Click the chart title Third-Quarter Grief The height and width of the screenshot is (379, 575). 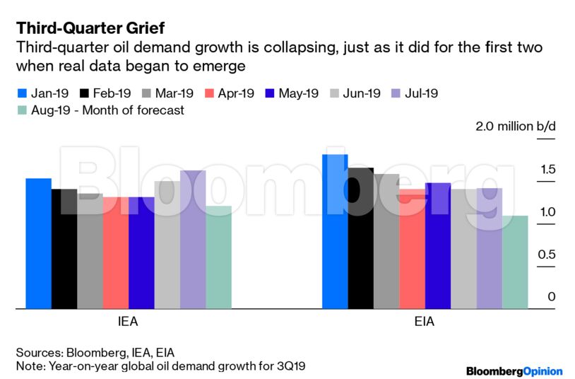(x=91, y=28)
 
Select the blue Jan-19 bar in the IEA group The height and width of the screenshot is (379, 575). (x=38, y=243)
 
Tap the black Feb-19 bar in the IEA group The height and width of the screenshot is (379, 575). (x=64, y=248)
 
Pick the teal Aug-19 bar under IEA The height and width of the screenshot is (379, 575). (x=218, y=257)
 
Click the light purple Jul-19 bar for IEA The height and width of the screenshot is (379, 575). (x=193, y=239)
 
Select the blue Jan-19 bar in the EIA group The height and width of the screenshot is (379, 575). (x=336, y=231)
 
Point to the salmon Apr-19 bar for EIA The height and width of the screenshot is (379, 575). (x=413, y=248)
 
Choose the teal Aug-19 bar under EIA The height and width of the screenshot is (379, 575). (x=515, y=262)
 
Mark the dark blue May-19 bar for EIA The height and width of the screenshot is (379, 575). (x=438, y=245)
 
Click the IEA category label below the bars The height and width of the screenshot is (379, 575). (x=128, y=322)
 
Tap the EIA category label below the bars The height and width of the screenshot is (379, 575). (x=425, y=322)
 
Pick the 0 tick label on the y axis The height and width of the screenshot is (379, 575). (x=552, y=297)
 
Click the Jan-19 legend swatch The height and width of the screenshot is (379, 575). (x=21, y=93)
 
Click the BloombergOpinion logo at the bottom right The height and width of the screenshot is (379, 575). (x=514, y=371)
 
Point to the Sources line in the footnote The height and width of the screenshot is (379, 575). (x=95, y=353)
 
